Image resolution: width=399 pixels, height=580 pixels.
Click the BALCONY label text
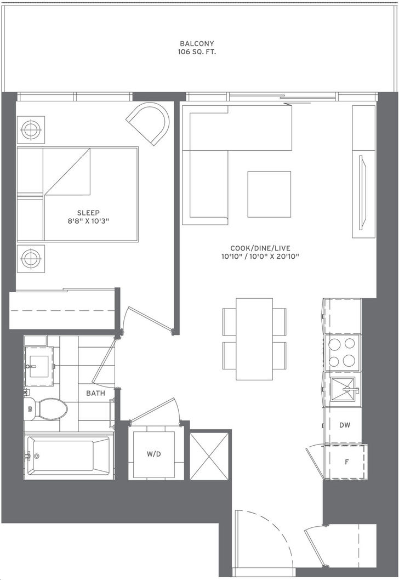(x=197, y=44)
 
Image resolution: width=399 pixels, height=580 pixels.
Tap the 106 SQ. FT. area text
(x=197, y=52)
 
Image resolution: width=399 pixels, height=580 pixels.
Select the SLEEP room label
(x=88, y=213)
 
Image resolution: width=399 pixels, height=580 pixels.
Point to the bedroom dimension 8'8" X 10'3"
(x=88, y=221)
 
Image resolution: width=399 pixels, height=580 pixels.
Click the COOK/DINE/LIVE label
(x=260, y=248)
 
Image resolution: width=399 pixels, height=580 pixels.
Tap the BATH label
(x=95, y=393)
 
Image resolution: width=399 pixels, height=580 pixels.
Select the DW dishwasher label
(x=345, y=425)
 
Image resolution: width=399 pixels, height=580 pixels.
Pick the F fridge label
(x=346, y=462)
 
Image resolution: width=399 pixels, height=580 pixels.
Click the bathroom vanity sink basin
(x=39, y=366)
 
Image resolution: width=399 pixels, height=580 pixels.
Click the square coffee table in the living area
(x=269, y=194)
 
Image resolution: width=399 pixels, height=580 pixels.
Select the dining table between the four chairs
(x=254, y=339)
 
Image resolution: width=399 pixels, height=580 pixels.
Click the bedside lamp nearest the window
(x=31, y=129)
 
